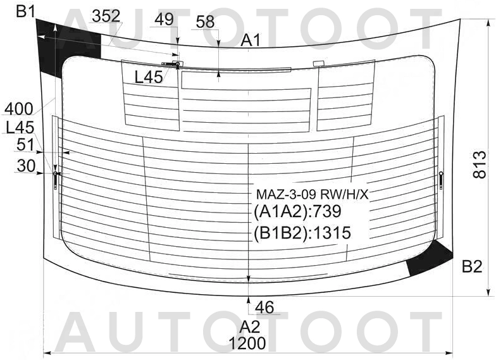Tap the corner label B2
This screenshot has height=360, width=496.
472,267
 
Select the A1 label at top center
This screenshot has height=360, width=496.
251,40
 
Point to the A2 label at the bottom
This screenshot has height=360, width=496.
249,326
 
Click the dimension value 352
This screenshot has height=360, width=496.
106,16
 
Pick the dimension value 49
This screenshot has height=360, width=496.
164,20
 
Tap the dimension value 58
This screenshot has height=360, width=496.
205,22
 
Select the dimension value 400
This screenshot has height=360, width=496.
19,109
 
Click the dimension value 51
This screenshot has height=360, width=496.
25,146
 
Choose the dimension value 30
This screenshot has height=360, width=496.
26,166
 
